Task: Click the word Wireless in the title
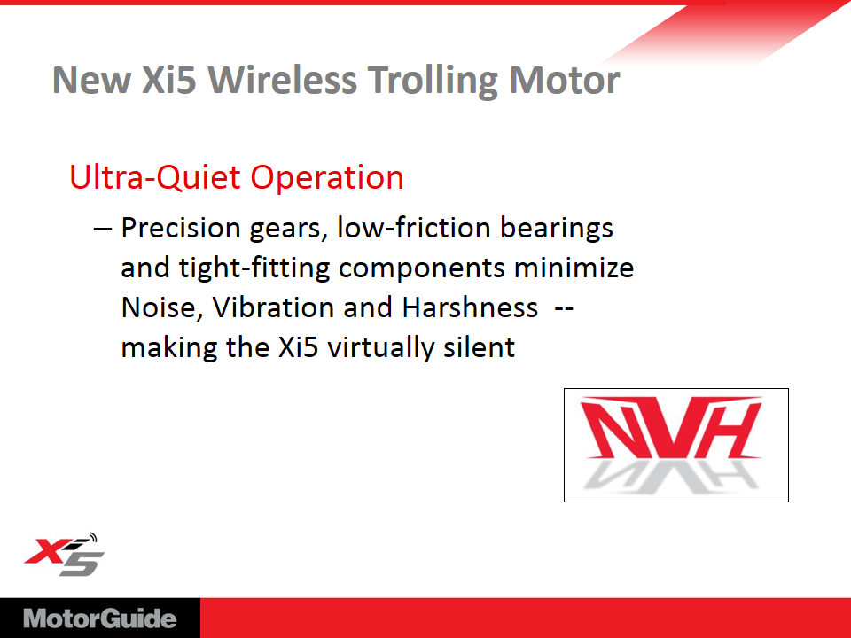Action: pyautogui.click(x=282, y=80)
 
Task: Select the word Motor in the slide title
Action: pyautogui.click(x=564, y=81)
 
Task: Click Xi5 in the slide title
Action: pyautogui.click(x=168, y=80)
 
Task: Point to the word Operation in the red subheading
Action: pyautogui.click(x=327, y=177)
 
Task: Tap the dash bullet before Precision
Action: pyautogui.click(x=103, y=229)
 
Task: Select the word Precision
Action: pyautogui.click(x=180, y=228)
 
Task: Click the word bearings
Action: pyautogui.click(x=557, y=228)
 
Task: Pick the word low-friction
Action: pyautogui.click(x=413, y=228)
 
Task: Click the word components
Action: pyautogui.click(x=422, y=268)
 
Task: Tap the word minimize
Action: pyautogui.click(x=574, y=268)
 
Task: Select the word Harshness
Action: pyautogui.click(x=470, y=307)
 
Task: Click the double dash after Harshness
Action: pyautogui.click(x=564, y=309)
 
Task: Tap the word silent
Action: pyautogui.click(x=479, y=347)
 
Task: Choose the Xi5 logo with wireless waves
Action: pyautogui.click(x=64, y=554)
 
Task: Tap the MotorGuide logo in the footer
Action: pyautogui.click(x=100, y=619)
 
